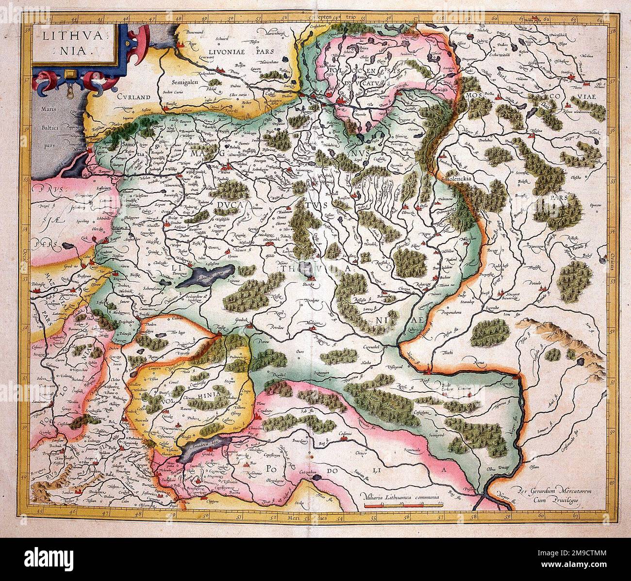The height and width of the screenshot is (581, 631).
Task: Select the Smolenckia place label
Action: tap(459, 178)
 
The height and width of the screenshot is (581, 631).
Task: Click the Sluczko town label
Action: tap(309, 285)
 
